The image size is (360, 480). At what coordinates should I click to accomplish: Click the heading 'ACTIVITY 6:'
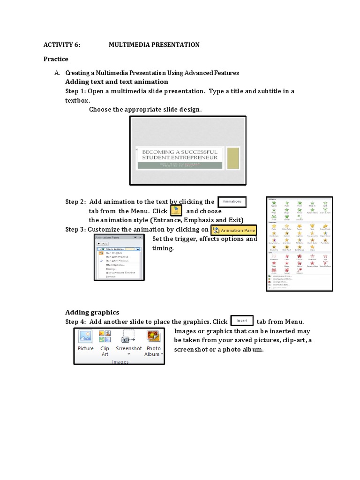[62, 45]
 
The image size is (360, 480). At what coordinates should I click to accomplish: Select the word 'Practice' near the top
[56, 59]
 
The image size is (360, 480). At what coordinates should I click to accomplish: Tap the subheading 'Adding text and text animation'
[116, 82]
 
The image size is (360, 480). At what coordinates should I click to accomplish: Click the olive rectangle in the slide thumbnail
[233, 158]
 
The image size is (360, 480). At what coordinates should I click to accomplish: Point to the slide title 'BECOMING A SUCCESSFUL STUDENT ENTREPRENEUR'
[180, 155]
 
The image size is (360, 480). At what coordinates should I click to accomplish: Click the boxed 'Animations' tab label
[232, 202]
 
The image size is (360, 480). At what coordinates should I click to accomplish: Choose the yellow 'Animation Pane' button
[234, 230]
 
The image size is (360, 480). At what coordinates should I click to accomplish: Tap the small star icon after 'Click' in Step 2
[175, 210]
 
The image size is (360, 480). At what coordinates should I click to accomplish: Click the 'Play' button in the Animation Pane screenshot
[102, 244]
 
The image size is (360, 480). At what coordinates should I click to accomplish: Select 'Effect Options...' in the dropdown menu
[115, 264]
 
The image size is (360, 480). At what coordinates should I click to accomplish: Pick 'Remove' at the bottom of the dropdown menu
[111, 277]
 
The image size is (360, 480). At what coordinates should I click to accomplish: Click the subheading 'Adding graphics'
[92, 312]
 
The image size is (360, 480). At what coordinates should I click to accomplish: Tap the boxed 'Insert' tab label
[242, 321]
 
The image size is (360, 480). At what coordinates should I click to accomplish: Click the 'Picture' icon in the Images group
[85, 337]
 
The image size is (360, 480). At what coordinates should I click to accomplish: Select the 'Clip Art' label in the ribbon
[105, 351]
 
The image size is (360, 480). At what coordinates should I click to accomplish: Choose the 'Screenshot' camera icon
[128, 337]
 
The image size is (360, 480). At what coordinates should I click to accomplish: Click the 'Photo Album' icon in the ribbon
[154, 337]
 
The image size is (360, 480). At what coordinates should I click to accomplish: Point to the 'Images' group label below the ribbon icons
[120, 362]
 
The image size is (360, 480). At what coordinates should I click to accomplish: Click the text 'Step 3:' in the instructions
[75, 229]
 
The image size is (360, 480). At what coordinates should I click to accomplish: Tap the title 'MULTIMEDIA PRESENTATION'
[154, 45]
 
